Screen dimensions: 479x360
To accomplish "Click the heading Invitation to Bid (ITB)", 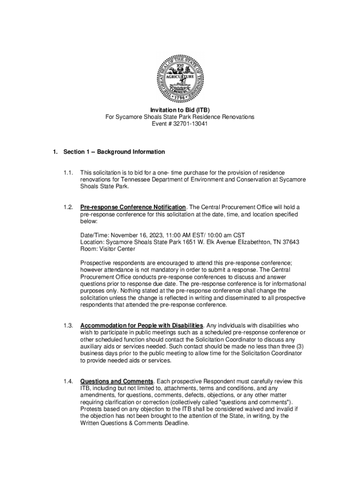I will (x=180, y=110).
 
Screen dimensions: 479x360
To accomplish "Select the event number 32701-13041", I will (x=190, y=124).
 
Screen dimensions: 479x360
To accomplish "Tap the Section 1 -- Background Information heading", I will (x=114, y=152).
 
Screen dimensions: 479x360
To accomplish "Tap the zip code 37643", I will (x=289, y=242).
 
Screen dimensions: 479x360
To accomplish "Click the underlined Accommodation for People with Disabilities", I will (x=142, y=325).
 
